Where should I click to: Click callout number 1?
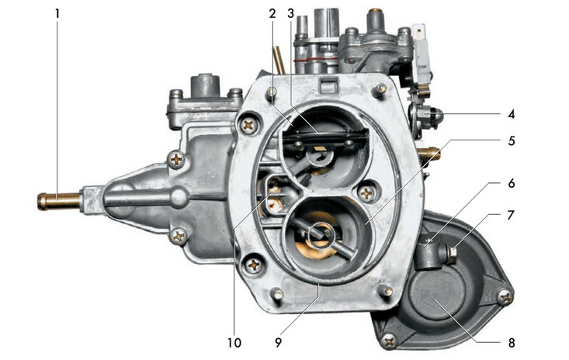[x=57, y=15]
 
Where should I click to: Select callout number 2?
[x=272, y=14]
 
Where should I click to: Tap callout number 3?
[x=290, y=14]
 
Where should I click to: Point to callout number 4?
[x=511, y=115]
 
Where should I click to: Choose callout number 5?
[x=512, y=140]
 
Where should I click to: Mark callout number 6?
[x=512, y=183]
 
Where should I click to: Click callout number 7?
[x=511, y=216]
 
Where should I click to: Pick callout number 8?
[x=512, y=342]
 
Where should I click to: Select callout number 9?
[x=279, y=342]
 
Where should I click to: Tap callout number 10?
[x=234, y=342]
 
